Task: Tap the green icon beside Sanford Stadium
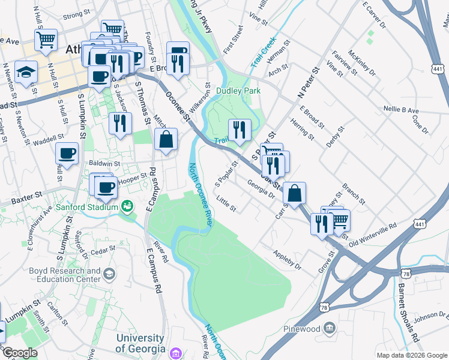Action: coord(127,207)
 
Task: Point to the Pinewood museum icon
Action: coord(330,328)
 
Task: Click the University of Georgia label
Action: coord(140,344)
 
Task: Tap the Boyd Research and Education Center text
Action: coord(65,275)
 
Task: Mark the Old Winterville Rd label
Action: coord(373,233)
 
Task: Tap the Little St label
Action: coord(226,204)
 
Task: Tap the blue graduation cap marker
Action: coord(26,73)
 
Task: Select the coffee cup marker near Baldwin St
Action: coord(67,153)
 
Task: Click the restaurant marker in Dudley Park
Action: coord(239,130)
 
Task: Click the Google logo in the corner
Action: coord(20,353)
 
